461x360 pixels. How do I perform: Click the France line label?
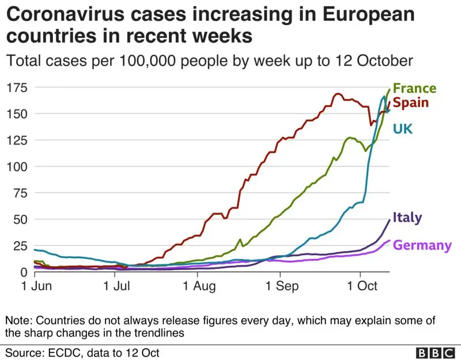(x=415, y=89)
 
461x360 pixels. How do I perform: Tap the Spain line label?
(x=411, y=103)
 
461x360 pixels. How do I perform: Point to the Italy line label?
(x=407, y=218)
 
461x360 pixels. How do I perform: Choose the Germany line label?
(x=422, y=245)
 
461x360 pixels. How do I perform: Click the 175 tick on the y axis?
(x=17, y=88)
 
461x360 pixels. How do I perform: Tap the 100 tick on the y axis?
(x=17, y=166)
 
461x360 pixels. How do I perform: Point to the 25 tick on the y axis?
(x=20, y=245)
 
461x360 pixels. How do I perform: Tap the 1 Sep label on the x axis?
(x=279, y=286)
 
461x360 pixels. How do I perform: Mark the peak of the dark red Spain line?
(x=338, y=94)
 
